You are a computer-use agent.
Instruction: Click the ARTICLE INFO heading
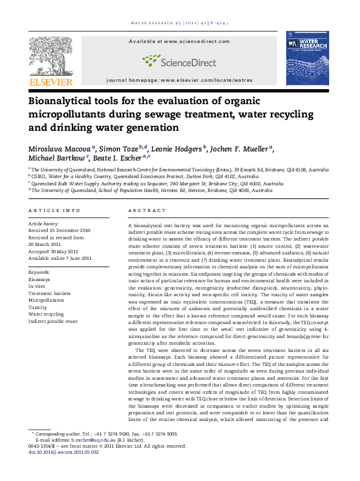[54, 210]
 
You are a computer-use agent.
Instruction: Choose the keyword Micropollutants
[46, 300]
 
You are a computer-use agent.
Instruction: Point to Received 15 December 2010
[60, 231]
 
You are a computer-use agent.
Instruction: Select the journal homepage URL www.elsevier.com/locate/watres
[215, 80]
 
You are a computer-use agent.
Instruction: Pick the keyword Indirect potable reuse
[53, 320]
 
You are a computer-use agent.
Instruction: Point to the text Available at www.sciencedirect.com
[180, 41]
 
